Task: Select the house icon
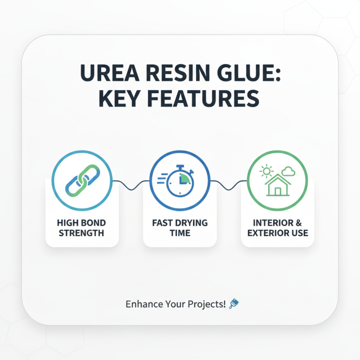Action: pyautogui.click(x=278, y=186)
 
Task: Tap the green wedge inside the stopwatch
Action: pyautogui.click(x=184, y=179)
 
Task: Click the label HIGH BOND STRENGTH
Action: pyautogui.click(x=81, y=228)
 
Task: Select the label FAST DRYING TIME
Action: pyautogui.click(x=180, y=228)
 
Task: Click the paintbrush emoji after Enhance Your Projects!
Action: pyautogui.click(x=234, y=304)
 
